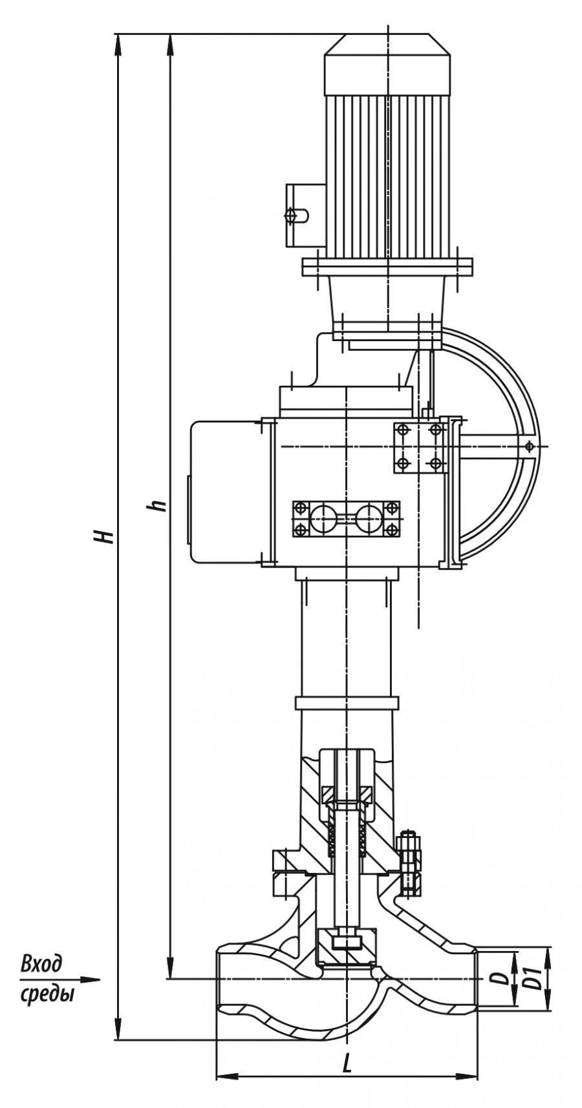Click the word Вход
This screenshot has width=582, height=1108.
42,965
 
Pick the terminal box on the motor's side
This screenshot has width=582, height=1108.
305,214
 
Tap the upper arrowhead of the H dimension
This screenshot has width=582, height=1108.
118,43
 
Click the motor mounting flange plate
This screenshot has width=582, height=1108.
387,266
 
